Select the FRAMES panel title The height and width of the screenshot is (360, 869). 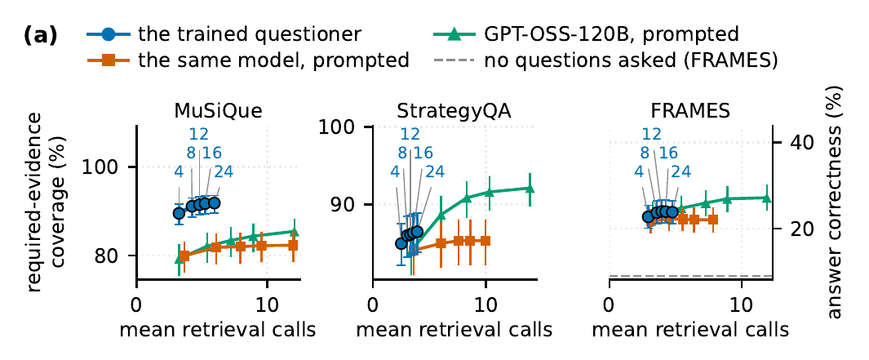[x=690, y=112]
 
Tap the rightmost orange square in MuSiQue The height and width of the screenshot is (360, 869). [x=294, y=245]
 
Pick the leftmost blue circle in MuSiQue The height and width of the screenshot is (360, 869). [x=179, y=213]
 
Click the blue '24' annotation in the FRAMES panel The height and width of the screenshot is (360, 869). [x=681, y=171]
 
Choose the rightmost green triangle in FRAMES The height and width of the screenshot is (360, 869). [x=767, y=198]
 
